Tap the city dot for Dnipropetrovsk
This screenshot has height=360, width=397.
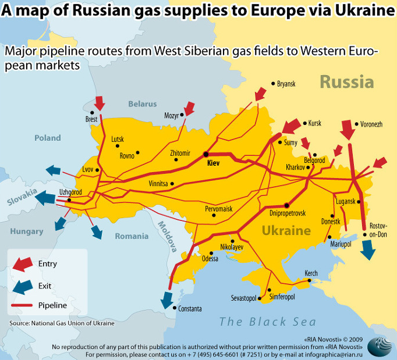[x=286, y=205]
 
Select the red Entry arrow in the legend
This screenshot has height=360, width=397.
[x=23, y=264]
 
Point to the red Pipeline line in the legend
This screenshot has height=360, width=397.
[x=23, y=305]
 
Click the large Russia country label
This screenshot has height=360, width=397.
[x=346, y=81]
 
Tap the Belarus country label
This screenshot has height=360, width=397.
[x=143, y=104]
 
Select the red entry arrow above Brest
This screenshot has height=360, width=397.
[x=100, y=104]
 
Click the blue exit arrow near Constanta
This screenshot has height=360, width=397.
[x=167, y=299]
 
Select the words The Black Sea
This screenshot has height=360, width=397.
[x=267, y=322]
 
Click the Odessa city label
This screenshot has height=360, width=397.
[x=210, y=259]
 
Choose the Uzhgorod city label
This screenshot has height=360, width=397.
[x=71, y=192]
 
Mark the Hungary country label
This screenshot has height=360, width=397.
[x=26, y=231]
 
